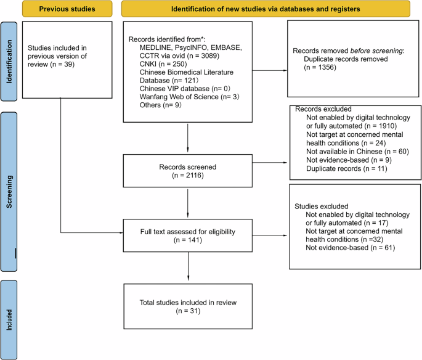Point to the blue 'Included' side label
click(9, 319)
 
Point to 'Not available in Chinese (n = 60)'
click(356, 151)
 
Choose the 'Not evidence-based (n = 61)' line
click(350, 248)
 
